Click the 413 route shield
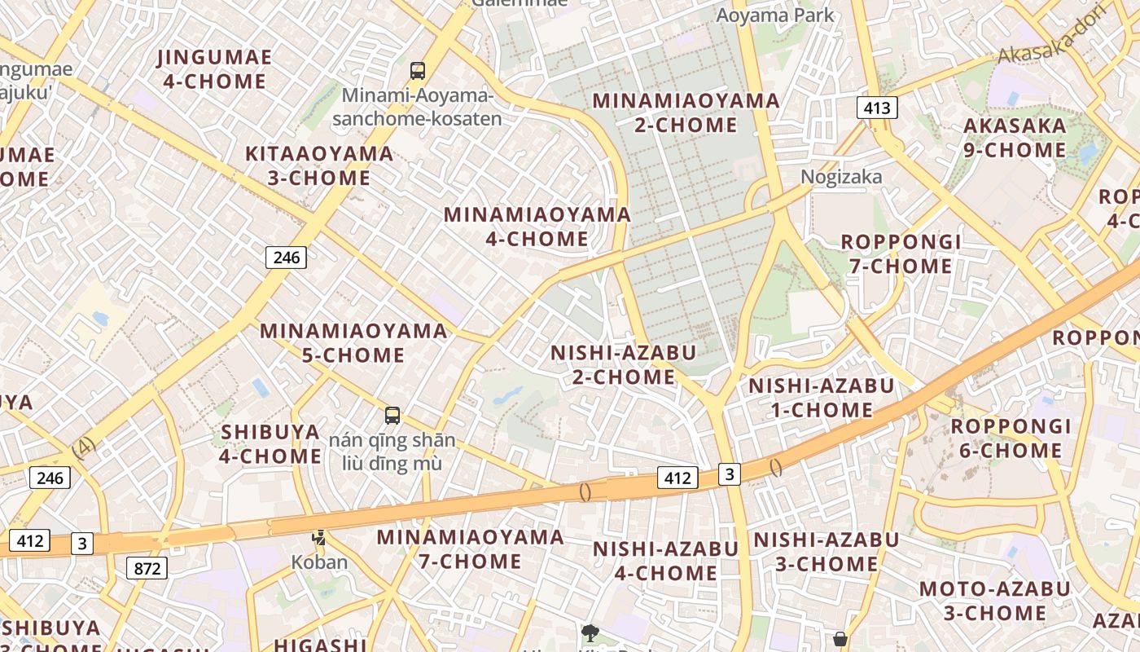tap(877, 107)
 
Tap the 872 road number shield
tap(147, 568)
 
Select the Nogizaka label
tap(841, 177)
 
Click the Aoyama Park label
tap(774, 15)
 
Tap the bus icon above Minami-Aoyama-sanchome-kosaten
tap(418, 71)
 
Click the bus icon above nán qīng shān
tap(392, 416)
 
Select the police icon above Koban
tap(319, 538)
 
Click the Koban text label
tap(319, 562)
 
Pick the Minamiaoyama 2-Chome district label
tap(686, 113)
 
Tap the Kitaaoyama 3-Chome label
tap(319, 165)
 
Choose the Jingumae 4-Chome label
tap(215, 69)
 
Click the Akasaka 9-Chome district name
tap(1014, 138)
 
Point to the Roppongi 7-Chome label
tap(901, 253)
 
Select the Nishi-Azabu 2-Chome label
tap(624, 364)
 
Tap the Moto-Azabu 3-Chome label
tap(994, 601)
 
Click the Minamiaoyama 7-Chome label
tap(470, 548)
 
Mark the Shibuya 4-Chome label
tap(270, 443)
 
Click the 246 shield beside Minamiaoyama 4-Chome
tap(287, 258)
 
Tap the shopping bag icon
tap(840, 639)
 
